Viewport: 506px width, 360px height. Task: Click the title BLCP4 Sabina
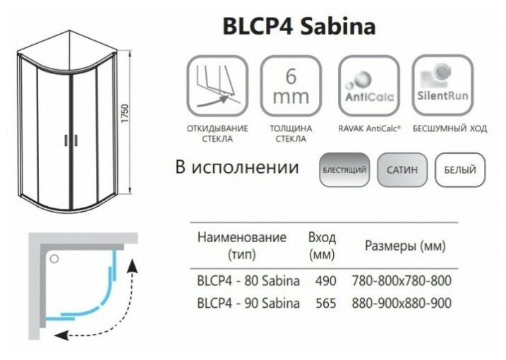pos(299,27)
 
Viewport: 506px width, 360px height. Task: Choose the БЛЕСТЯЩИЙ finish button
pos(344,170)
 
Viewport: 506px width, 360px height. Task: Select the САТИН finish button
pos(402,170)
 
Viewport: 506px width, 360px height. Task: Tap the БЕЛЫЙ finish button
pos(459,170)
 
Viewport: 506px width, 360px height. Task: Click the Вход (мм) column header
pos(323,244)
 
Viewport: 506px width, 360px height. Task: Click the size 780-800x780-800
pos(401,281)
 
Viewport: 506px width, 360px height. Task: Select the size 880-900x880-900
pos(401,304)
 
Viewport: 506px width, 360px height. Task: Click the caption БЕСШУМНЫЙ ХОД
pos(442,129)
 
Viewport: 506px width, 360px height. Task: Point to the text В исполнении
pos(237,169)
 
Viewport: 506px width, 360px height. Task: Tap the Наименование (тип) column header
pos(242,244)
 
